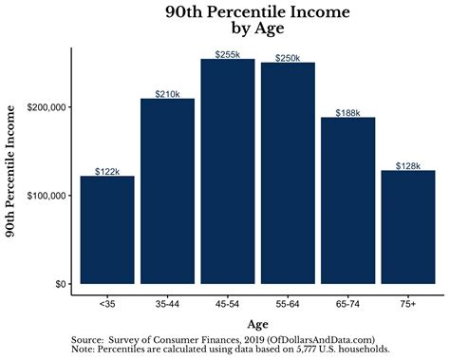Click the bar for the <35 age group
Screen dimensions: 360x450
(x=107, y=230)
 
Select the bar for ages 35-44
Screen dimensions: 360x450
(x=167, y=191)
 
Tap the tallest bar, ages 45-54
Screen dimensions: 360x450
(x=227, y=171)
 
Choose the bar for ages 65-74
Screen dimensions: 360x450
(x=347, y=200)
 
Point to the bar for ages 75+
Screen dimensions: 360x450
(x=407, y=227)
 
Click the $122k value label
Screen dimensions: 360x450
(x=107, y=171)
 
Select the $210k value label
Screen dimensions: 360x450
(x=167, y=93)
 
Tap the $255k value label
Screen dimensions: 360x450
(x=227, y=54)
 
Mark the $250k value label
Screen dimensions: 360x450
(x=288, y=58)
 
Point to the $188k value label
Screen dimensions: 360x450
(x=347, y=112)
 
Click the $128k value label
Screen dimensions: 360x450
(x=407, y=165)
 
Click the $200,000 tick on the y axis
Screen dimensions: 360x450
(x=45, y=107)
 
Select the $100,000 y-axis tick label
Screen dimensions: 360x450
(x=45, y=196)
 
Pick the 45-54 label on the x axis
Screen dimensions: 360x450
(x=227, y=304)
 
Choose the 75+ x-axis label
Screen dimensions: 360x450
(x=407, y=304)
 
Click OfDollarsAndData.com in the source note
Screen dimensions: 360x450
(x=321, y=338)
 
